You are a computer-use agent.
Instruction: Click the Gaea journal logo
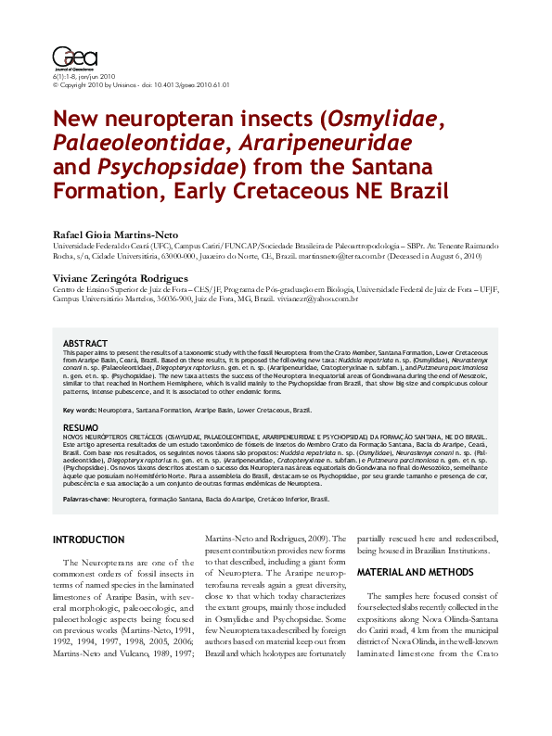[69, 58]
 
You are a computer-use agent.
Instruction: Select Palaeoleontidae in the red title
[137, 146]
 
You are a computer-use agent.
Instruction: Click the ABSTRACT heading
[85, 344]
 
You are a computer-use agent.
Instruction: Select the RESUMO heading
[81, 427]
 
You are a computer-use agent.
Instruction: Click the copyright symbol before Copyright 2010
[56, 84]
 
